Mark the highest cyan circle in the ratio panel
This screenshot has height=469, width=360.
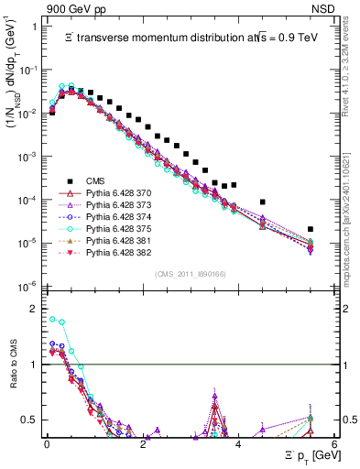pyautogui.click(x=52, y=319)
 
